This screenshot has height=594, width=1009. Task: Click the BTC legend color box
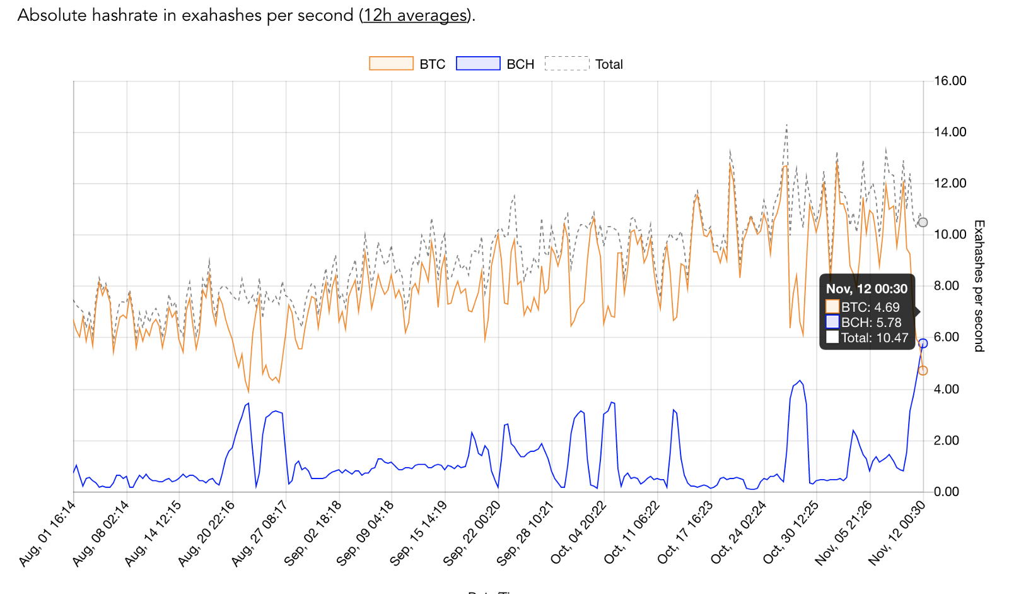click(x=391, y=63)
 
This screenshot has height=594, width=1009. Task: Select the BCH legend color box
click(x=478, y=63)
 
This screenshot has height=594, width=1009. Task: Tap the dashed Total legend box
click(x=566, y=63)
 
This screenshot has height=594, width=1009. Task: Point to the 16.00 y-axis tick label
click(x=950, y=81)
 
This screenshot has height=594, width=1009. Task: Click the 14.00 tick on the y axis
click(x=950, y=132)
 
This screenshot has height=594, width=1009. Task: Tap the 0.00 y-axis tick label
click(x=946, y=492)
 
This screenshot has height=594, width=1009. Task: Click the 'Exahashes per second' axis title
click(x=979, y=285)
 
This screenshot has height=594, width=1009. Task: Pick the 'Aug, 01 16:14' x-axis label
click(x=48, y=533)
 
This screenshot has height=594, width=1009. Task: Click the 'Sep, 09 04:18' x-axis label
click(x=366, y=533)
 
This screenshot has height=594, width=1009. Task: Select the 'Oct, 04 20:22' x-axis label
click(x=579, y=533)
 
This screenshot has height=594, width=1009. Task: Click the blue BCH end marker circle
click(x=923, y=343)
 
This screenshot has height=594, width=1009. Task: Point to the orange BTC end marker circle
click(x=923, y=371)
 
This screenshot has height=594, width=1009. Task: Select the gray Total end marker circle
click(x=923, y=222)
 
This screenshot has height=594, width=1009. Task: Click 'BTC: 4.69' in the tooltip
click(x=870, y=307)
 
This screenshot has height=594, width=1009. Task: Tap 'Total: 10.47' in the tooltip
click(x=875, y=338)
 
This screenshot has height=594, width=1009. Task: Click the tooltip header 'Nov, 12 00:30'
click(x=866, y=289)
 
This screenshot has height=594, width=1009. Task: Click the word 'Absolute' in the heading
click(x=52, y=15)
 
